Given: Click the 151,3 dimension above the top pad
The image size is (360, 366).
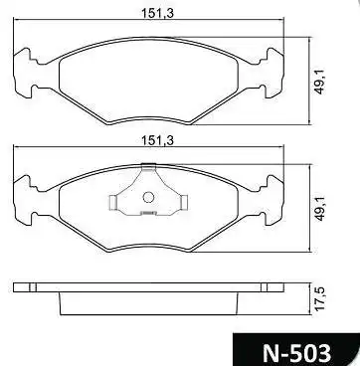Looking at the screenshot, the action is coord(157,13).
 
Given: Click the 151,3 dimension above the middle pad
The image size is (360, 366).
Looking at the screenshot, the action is coord(157,140).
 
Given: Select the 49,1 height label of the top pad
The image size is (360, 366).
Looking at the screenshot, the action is coord(318,82).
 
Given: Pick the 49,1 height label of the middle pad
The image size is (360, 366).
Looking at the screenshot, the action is coord(318,209).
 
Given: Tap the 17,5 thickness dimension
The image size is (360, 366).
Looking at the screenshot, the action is coord(319,298).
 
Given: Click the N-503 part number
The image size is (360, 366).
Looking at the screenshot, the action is coord(296,353).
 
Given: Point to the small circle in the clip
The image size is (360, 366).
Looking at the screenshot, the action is coord(148,198).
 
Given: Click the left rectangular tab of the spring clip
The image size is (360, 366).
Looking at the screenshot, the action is coord(112,202).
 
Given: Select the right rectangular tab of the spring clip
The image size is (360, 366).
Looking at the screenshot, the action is coord(184,202).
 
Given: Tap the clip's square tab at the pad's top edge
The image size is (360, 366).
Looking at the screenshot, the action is coord(148,167).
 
